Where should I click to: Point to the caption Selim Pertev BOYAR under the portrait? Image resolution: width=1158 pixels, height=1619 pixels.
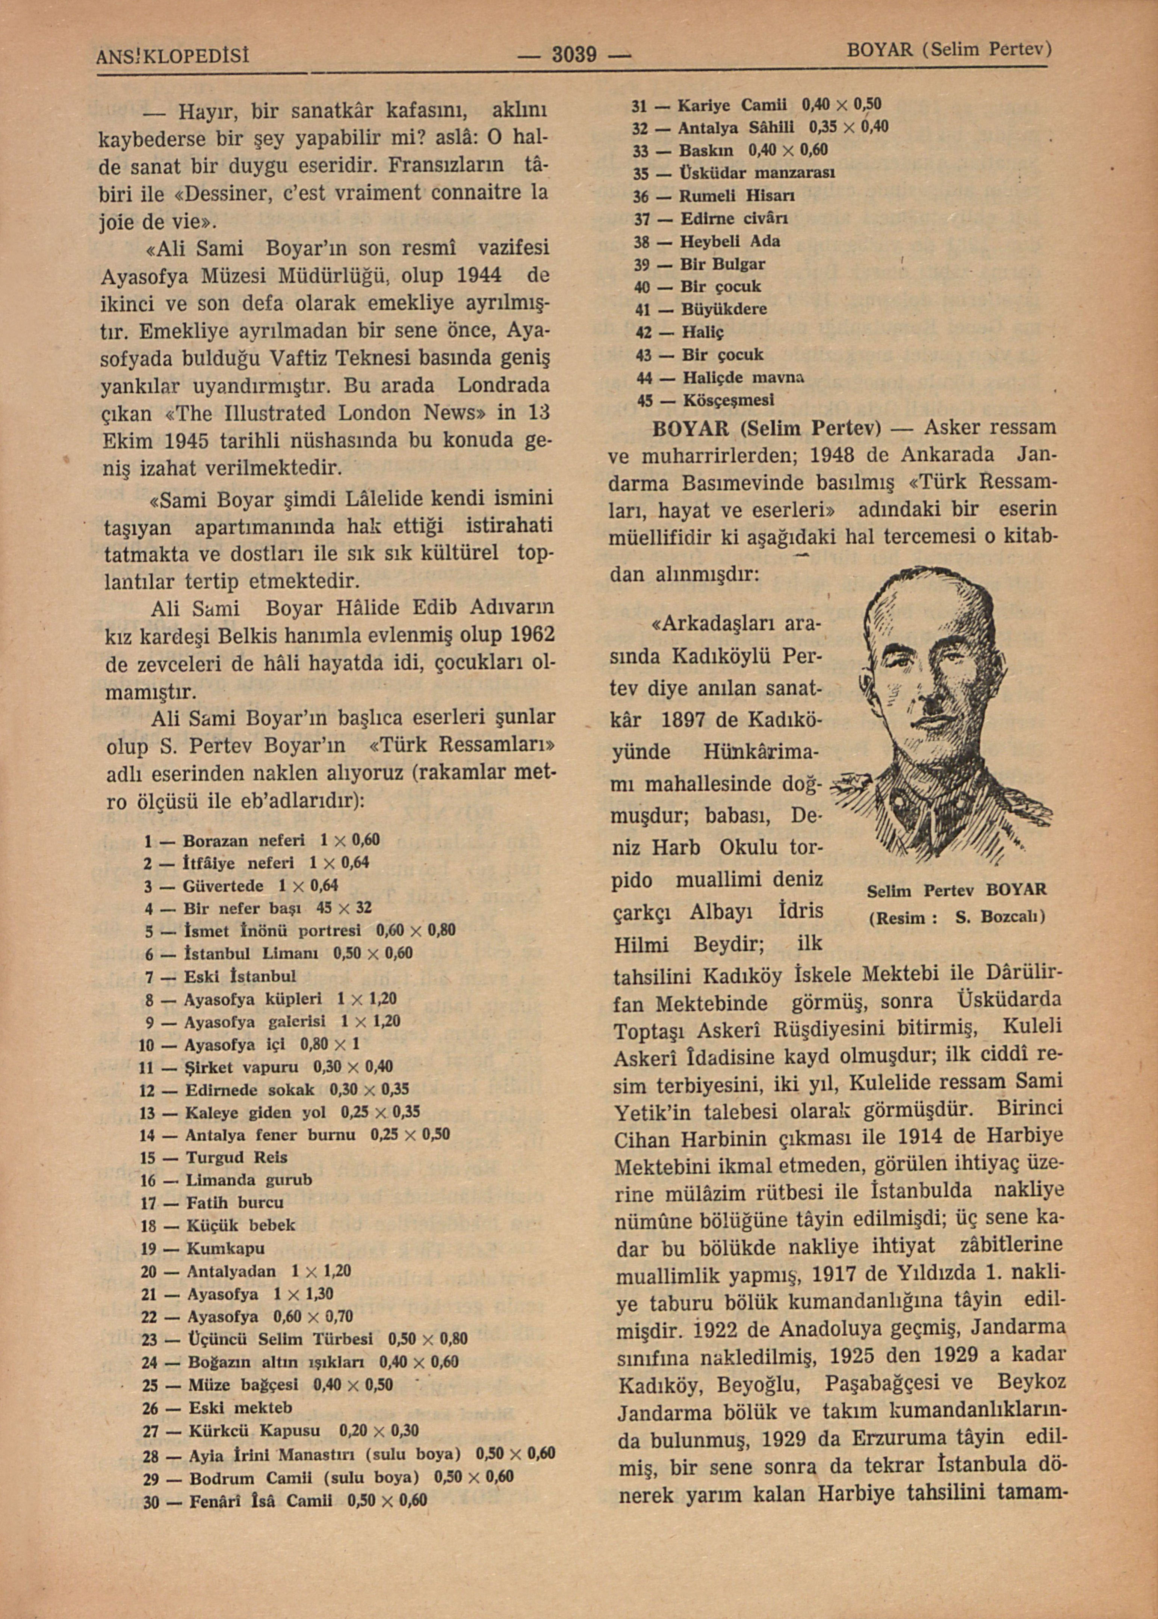(x=957, y=890)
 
